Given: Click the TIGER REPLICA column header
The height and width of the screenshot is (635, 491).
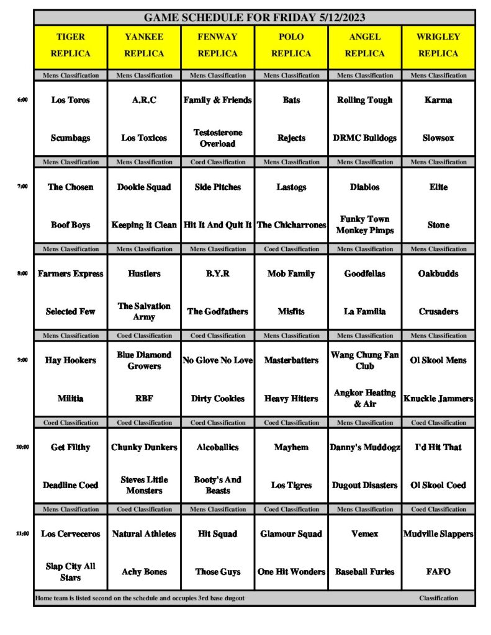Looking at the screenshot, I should [71, 45].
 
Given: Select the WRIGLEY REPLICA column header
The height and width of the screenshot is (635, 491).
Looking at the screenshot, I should [438, 45].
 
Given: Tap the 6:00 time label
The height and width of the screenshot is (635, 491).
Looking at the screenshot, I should [22, 100].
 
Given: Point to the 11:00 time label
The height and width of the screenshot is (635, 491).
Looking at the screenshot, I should [22, 533].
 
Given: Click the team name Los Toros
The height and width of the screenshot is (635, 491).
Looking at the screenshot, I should [71, 100].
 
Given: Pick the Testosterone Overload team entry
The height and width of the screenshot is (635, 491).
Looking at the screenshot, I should [218, 138].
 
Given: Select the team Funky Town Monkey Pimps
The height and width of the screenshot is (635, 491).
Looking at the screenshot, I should [365, 224].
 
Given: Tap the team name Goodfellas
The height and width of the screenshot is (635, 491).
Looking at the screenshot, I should [365, 273].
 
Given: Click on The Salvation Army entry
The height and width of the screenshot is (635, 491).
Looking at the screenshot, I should [144, 311].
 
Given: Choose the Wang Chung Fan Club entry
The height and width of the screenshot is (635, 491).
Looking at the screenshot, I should [365, 360].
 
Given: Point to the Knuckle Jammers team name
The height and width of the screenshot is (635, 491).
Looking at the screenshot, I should [438, 398].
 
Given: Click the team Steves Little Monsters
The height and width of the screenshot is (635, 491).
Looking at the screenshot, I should [144, 485].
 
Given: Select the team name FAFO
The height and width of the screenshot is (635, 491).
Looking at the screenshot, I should [438, 572].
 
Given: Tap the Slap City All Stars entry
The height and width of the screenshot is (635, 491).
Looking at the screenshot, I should [71, 572].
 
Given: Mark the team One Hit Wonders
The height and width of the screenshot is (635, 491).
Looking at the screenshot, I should [292, 572].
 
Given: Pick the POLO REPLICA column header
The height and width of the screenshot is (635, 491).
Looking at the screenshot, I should [292, 45].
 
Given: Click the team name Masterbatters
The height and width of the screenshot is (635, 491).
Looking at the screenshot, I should [292, 360].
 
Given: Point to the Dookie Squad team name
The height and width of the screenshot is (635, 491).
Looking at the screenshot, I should [144, 187].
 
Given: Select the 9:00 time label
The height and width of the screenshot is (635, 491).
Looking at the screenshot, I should [22, 360].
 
